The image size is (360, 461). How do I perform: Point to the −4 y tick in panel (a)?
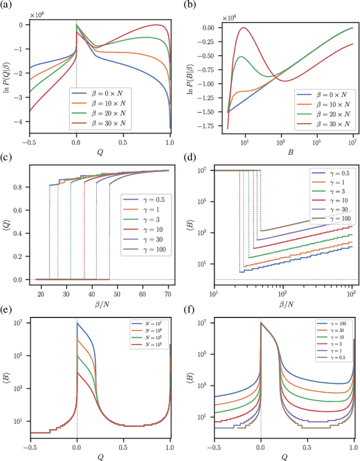pyautogui.click(x=21, y=122)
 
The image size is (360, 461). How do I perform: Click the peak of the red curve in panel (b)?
pyautogui.click(x=245, y=27)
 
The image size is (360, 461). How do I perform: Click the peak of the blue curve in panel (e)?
pyautogui.click(x=77, y=323)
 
